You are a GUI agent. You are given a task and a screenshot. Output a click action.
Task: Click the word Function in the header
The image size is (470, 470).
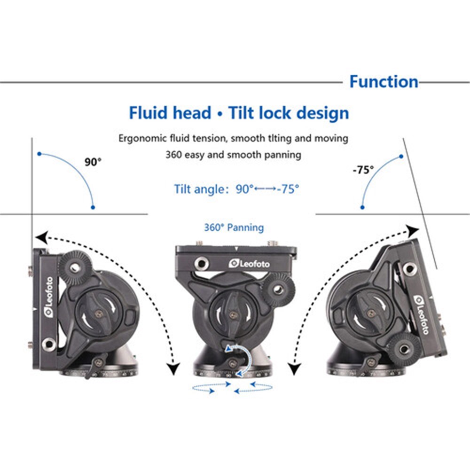(384, 81)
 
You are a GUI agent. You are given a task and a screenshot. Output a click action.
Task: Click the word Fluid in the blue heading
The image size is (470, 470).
(148, 113)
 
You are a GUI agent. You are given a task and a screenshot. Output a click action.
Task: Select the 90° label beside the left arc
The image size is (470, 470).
(93, 162)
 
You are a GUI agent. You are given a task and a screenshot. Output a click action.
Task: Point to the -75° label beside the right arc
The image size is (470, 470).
(363, 170)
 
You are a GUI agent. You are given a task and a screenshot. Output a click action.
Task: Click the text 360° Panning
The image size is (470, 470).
(234, 227)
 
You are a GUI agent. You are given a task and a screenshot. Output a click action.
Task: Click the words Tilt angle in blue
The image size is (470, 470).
(199, 189)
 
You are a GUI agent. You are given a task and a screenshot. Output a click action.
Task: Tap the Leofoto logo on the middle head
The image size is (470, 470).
(249, 264)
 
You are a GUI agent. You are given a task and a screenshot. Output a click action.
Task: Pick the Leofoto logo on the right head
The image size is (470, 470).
(421, 314)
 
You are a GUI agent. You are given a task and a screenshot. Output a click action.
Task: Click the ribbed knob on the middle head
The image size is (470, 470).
(278, 290)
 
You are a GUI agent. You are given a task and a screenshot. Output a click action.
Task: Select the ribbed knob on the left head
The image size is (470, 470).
(75, 267)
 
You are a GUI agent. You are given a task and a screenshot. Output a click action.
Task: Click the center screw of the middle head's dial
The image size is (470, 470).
(233, 315)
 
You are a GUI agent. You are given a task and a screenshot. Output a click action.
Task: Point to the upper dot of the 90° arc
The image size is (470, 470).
(39, 154)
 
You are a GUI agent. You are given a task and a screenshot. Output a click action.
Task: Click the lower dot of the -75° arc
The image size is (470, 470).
(362, 207)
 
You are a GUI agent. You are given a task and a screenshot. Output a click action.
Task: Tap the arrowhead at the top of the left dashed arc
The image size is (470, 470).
(41, 237)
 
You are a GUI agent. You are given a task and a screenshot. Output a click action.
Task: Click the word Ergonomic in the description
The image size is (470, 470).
(142, 139)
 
